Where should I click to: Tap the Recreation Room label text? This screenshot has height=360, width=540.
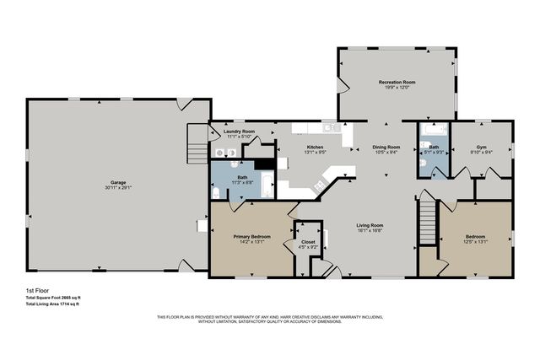tap(397, 82)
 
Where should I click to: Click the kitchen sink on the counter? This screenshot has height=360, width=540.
tap(328, 128)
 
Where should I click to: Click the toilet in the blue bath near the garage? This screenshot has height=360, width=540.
tap(216, 193)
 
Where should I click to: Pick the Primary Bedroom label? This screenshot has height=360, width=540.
tap(251, 236)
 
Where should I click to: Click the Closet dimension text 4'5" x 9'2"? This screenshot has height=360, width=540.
tap(308, 247)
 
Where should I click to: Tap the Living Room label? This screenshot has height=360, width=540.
tap(370, 225)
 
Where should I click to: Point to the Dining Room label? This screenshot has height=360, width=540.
tap(386, 148)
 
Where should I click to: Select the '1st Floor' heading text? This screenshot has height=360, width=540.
tap(36, 289)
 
